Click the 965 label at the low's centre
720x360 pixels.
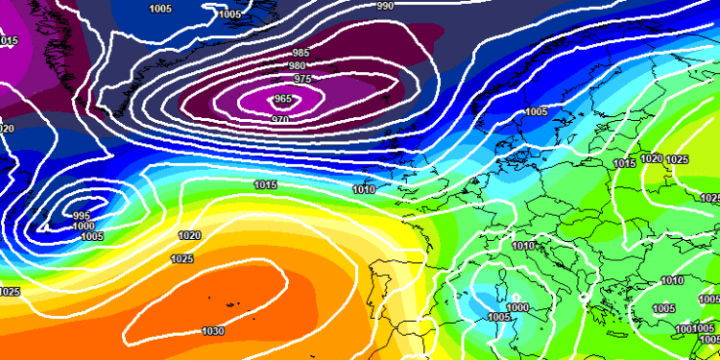coord(283,99)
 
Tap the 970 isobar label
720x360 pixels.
coord(280,119)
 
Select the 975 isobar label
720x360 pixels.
coord(302,79)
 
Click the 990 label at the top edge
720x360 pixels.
coord(385,6)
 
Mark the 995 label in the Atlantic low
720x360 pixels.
coord(83,216)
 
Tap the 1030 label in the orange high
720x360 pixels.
coord(213,331)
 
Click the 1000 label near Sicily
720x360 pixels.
coord(518,307)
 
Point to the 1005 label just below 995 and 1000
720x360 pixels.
coord(91,236)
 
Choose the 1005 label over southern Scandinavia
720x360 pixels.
coord(536,112)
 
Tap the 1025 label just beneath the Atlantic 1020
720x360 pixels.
coord(180,258)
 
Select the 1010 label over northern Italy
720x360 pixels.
coord(523,246)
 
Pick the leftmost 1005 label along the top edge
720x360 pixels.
coord(161,9)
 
